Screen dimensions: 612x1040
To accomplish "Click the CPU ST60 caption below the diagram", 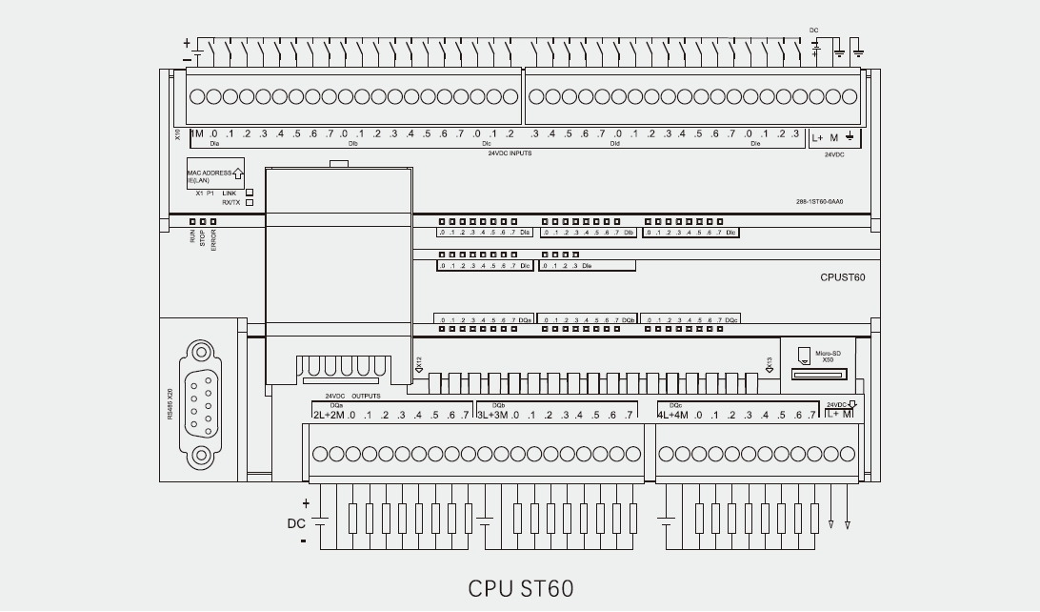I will (x=520, y=587).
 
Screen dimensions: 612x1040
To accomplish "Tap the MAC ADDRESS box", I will (x=215, y=176).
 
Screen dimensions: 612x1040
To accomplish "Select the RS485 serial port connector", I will (x=200, y=402).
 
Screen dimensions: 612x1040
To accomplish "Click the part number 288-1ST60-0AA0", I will (x=820, y=202).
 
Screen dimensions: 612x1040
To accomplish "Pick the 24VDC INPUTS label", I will (x=510, y=153).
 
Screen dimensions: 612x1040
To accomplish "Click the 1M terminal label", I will (x=197, y=134).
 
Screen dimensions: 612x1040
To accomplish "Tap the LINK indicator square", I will (x=250, y=192).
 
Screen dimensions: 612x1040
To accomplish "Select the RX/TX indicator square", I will (x=250, y=202).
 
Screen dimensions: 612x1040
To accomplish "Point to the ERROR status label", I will (x=213, y=239).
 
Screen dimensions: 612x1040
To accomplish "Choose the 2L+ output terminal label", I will (x=322, y=415).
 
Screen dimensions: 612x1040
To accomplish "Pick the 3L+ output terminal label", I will (x=485, y=415).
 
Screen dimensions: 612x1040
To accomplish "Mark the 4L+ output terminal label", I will (x=666, y=415).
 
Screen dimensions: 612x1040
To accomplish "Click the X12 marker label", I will (x=419, y=362).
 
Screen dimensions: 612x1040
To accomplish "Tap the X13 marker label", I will (x=769, y=362).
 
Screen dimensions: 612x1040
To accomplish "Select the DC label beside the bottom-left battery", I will (x=296, y=523).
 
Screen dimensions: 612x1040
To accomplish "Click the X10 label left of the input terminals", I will (x=178, y=134).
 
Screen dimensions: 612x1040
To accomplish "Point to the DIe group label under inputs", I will (x=755, y=145).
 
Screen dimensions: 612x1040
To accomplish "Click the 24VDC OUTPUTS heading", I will (x=352, y=396).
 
